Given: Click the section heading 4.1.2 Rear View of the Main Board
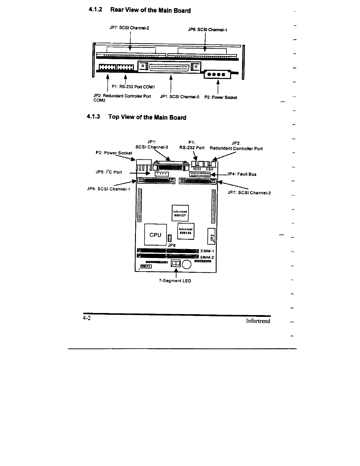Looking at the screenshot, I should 140,10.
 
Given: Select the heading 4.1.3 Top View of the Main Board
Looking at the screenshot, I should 137,117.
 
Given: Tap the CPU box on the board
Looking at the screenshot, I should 155,234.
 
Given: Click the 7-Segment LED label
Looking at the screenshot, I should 175,281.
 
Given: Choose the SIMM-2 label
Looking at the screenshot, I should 207,257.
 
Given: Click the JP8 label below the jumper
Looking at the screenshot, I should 171,245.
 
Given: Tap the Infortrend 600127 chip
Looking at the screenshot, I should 180,213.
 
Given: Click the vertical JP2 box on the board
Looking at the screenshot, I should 212,236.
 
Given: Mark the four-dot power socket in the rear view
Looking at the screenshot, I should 216,74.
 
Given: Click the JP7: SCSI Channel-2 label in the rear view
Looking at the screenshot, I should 129,28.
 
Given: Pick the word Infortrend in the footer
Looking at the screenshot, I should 258,321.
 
